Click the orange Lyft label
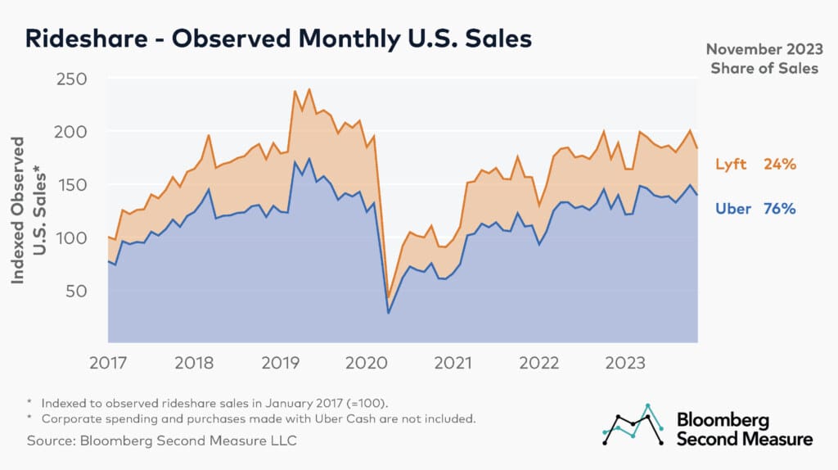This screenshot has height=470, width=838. click(731, 165)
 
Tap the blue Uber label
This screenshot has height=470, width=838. click(733, 209)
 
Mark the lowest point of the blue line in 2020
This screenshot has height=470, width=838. click(389, 313)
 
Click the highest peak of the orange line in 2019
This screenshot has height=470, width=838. click(309, 89)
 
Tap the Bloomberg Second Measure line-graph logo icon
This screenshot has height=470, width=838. click(633, 425)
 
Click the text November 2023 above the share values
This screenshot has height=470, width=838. click(763, 49)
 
